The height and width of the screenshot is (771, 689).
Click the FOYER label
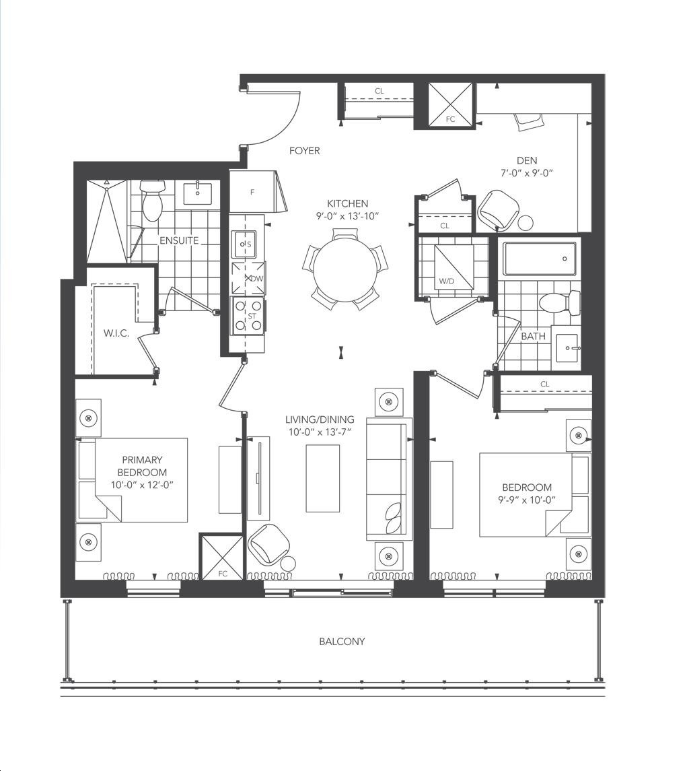pos(304,150)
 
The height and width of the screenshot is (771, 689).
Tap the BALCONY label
pos(342,641)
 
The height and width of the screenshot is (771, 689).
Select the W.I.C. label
pos(116,333)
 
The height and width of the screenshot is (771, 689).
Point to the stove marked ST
pos(248,316)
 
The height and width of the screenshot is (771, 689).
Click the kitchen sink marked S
pos(244,244)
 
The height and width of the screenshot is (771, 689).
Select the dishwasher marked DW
pos(248,278)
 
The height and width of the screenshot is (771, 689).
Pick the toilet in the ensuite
pos(151,200)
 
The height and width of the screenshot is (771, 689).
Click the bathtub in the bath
pos(539,259)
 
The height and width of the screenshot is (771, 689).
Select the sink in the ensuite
pos(198,193)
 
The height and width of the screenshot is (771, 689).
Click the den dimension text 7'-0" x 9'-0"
pos(527,173)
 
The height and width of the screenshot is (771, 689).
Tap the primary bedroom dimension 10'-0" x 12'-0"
pos(142,485)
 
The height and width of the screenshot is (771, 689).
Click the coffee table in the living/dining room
pos(322,479)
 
